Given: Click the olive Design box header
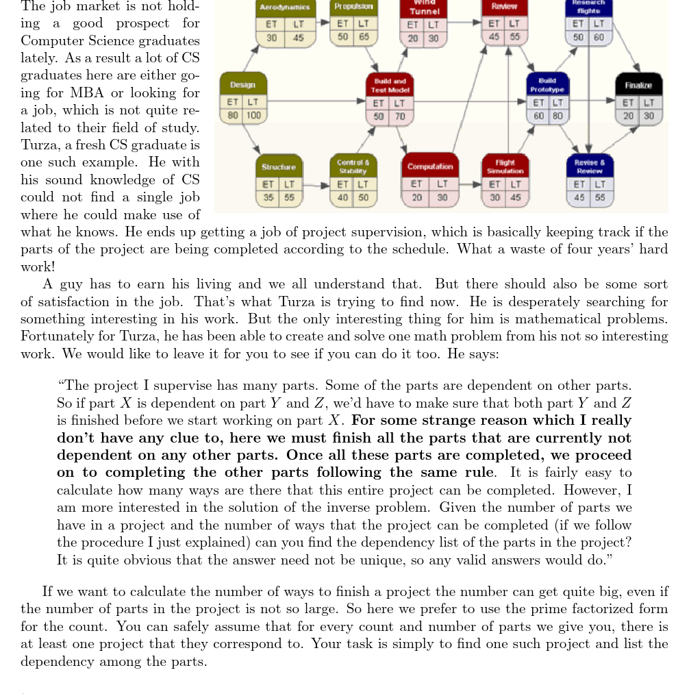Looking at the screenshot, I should coord(242,85).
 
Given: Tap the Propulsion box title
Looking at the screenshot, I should coord(353,6).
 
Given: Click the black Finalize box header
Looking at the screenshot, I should coord(638,85).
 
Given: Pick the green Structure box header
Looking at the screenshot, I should coord(278,166).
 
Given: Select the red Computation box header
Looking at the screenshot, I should coord(430,166).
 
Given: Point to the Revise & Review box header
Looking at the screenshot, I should coord(590,166).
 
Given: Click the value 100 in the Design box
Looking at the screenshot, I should coord(253,115).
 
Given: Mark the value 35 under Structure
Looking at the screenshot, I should coord(270,197).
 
